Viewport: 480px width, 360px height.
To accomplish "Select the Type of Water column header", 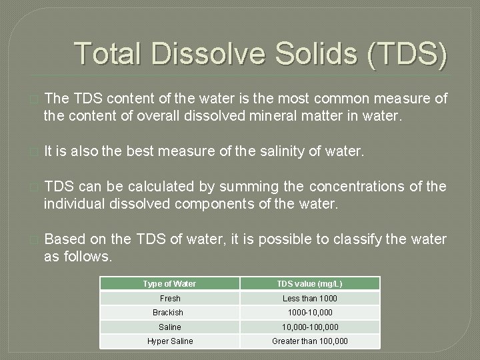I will point(169,283).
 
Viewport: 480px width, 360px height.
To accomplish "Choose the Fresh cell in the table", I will point(169,298).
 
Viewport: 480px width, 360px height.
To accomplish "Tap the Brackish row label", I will point(168,313).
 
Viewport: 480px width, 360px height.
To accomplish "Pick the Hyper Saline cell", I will point(170,341).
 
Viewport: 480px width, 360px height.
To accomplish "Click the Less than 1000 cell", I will point(309,298).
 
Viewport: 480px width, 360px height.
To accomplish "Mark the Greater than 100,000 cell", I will point(309,341).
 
